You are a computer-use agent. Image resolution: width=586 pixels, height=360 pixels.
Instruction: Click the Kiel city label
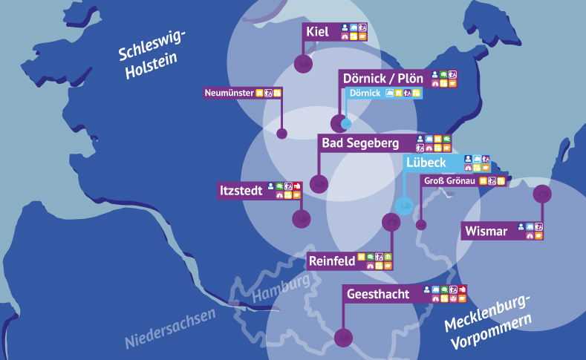[x=317, y=31]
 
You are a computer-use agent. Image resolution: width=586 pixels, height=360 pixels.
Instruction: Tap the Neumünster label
[x=229, y=93]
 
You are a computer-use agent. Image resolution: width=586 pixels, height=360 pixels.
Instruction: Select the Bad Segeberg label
[x=360, y=143]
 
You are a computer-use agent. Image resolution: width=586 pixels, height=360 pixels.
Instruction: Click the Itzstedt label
[x=241, y=191]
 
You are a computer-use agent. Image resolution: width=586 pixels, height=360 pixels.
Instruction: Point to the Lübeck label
[x=426, y=163]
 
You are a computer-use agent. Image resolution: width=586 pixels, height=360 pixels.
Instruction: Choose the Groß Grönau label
[x=450, y=181]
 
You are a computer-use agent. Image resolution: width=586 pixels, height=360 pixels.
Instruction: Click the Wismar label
[x=486, y=232]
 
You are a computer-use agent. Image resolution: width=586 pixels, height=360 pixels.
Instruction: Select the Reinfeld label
[x=331, y=261]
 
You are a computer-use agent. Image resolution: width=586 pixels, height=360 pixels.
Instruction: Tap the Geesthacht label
[x=378, y=295]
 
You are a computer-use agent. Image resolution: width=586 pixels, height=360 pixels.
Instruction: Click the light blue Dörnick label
[x=365, y=93]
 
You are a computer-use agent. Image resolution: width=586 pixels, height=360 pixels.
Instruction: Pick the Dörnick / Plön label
[x=383, y=79]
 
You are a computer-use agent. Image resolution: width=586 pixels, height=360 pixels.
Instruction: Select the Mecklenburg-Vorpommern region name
[x=488, y=320]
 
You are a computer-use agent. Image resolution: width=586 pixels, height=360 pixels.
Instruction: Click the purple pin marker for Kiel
[x=302, y=64]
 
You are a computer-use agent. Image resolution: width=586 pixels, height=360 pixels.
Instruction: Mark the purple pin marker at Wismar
[x=543, y=194]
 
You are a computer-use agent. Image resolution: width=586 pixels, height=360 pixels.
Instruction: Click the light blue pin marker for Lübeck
[x=404, y=205]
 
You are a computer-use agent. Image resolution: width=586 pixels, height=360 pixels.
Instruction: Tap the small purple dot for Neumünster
[x=281, y=134]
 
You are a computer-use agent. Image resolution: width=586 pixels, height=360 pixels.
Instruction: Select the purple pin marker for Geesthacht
[x=342, y=337]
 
